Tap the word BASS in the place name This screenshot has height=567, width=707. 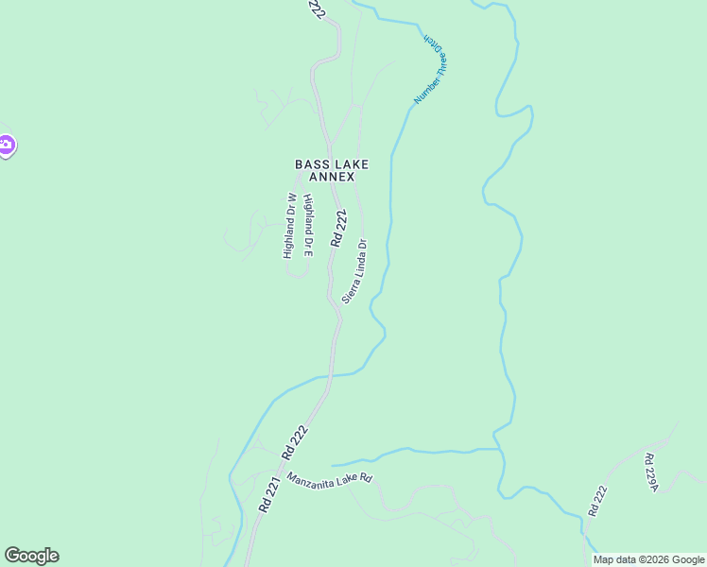pyautogui.click(x=310, y=164)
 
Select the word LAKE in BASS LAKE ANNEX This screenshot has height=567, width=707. pyautogui.click(x=349, y=164)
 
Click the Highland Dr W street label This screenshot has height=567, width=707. pyautogui.click(x=291, y=226)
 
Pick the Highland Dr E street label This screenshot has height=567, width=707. pyautogui.click(x=308, y=226)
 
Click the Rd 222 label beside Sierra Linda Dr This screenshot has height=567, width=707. pyautogui.click(x=338, y=230)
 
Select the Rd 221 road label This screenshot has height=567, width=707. pyautogui.click(x=269, y=494)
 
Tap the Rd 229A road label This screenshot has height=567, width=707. pyautogui.click(x=649, y=472)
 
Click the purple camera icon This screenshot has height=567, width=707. pyautogui.click(x=6, y=146)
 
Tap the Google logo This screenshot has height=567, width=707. pyautogui.click(x=31, y=556)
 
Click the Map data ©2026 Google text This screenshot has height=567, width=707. pyautogui.click(x=648, y=559)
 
